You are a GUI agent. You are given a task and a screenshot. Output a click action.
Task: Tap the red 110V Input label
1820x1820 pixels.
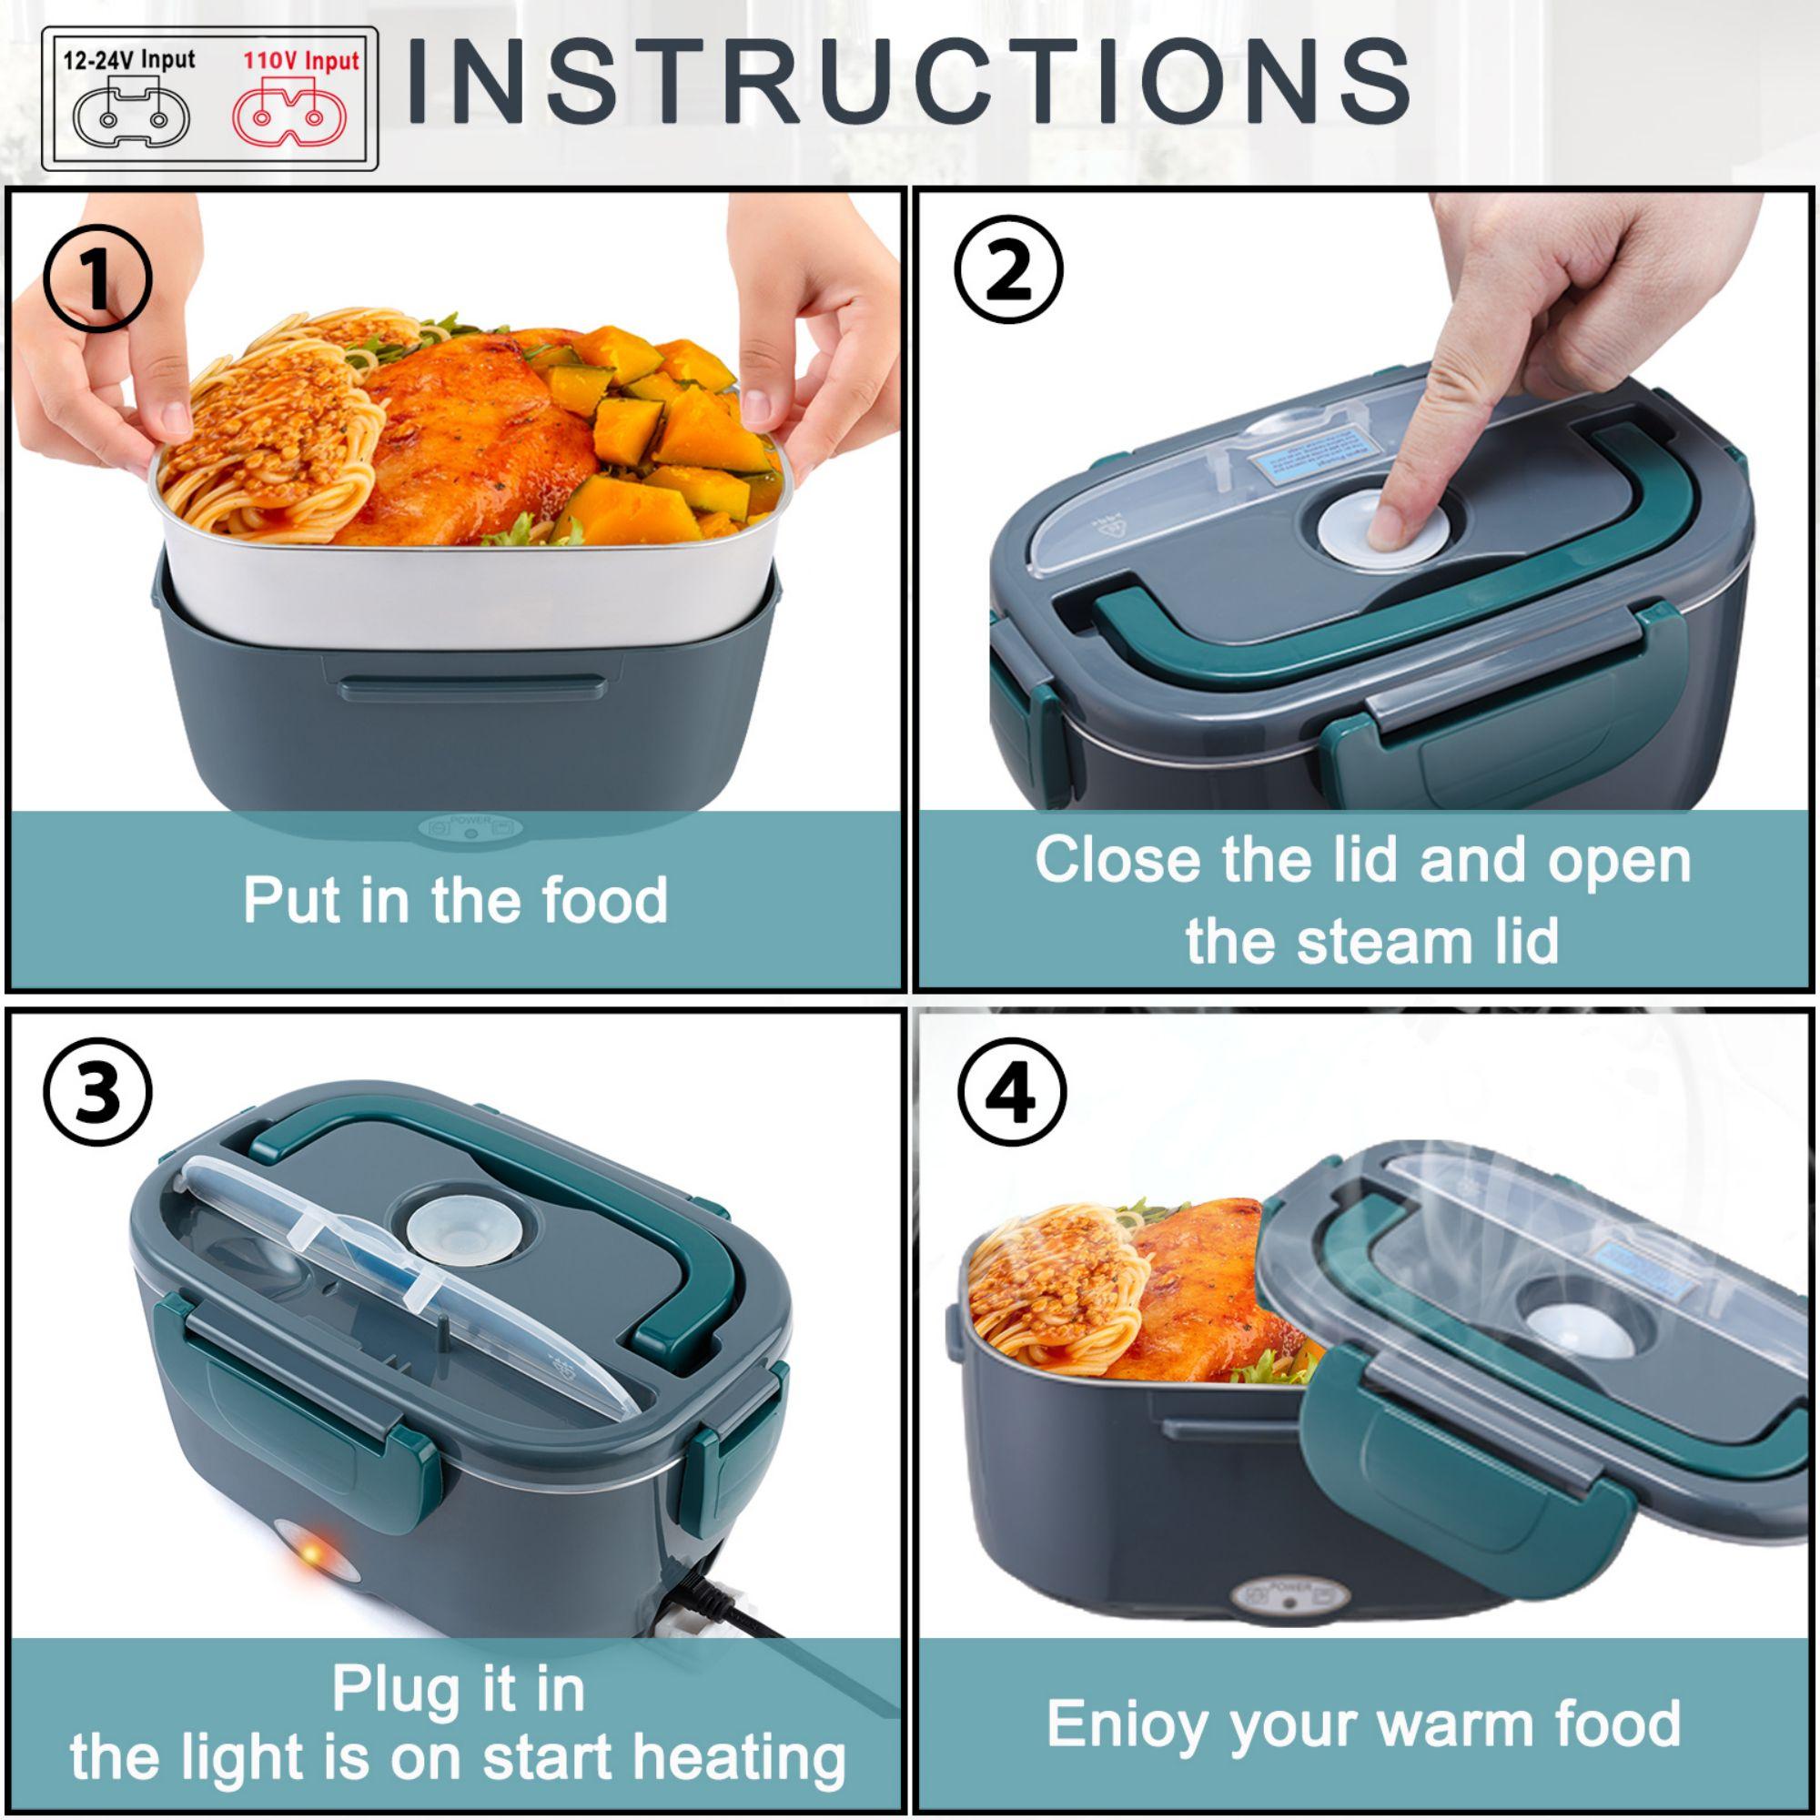pos(301,61)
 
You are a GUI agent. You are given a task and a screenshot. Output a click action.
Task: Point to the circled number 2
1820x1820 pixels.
pos(1009,271)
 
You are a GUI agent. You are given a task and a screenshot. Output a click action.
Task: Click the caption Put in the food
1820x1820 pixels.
pos(455,900)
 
